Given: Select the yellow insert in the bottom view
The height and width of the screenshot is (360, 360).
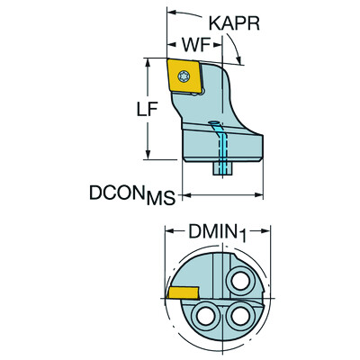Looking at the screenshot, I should click(x=184, y=292).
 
